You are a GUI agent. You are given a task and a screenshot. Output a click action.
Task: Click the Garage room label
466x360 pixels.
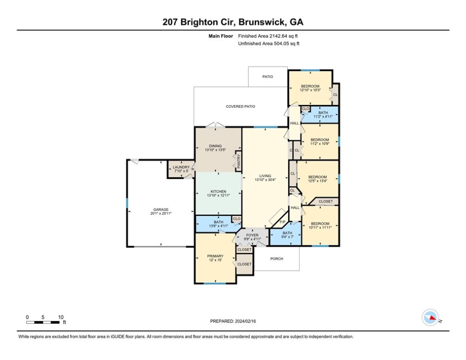pos(161,210)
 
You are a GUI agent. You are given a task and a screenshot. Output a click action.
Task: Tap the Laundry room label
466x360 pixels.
pos(181,167)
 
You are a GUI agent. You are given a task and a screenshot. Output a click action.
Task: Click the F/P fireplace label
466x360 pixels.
pos(283,222)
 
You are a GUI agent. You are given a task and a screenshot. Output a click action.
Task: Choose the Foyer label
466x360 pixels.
pos(252,235)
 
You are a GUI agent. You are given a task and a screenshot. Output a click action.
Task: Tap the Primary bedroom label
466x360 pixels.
pos(215,256)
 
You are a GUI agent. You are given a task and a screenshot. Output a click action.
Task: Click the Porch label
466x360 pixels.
pos(277,258)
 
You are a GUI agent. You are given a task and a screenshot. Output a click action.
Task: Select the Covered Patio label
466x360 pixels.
pos(240,106)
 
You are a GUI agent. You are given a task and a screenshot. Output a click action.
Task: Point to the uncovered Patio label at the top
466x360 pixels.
pos(267,76)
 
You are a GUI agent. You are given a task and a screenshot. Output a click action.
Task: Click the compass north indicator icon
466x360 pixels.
pos(429,318)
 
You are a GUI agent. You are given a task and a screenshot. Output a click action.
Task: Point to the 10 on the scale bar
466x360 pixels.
pos(61,317)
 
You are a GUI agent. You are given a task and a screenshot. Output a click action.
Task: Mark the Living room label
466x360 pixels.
pos(265,176)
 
